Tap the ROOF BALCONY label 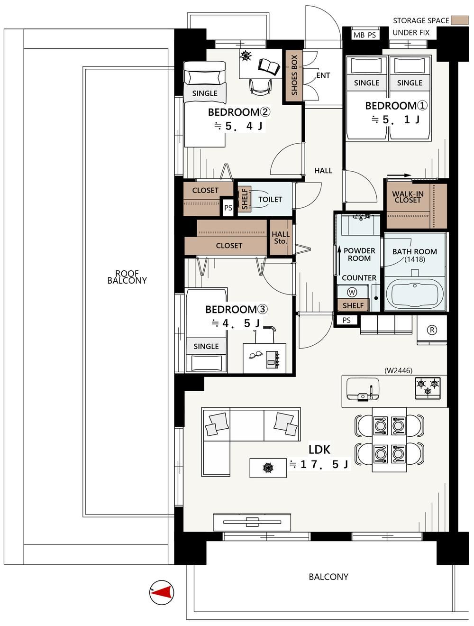pyautogui.click(x=127, y=277)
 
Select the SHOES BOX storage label pyautogui.click(x=294, y=75)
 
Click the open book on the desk pyautogui.click(x=269, y=67)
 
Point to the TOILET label pyautogui.click(x=270, y=199)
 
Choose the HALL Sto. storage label pyautogui.click(x=281, y=238)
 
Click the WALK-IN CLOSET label pyautogui.click(x=408, y=197)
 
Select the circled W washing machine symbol pyautogui.click(x=352, y=292)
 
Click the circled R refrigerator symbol pyautogui.click(x=432, y=330)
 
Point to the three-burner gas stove pyautogui.click(x=428, y=388)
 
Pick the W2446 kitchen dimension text pyautogui.click(x=398, y=370)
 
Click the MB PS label pyautogui.click(x=365, y=35)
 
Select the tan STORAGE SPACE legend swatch pyautogui.click(x=460, y=20)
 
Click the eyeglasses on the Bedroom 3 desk pyautogui.click(x=255, y=355)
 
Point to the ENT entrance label pyautogui.click(x=323, y=75)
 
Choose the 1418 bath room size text pyautogui.click(x=415, y=259)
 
